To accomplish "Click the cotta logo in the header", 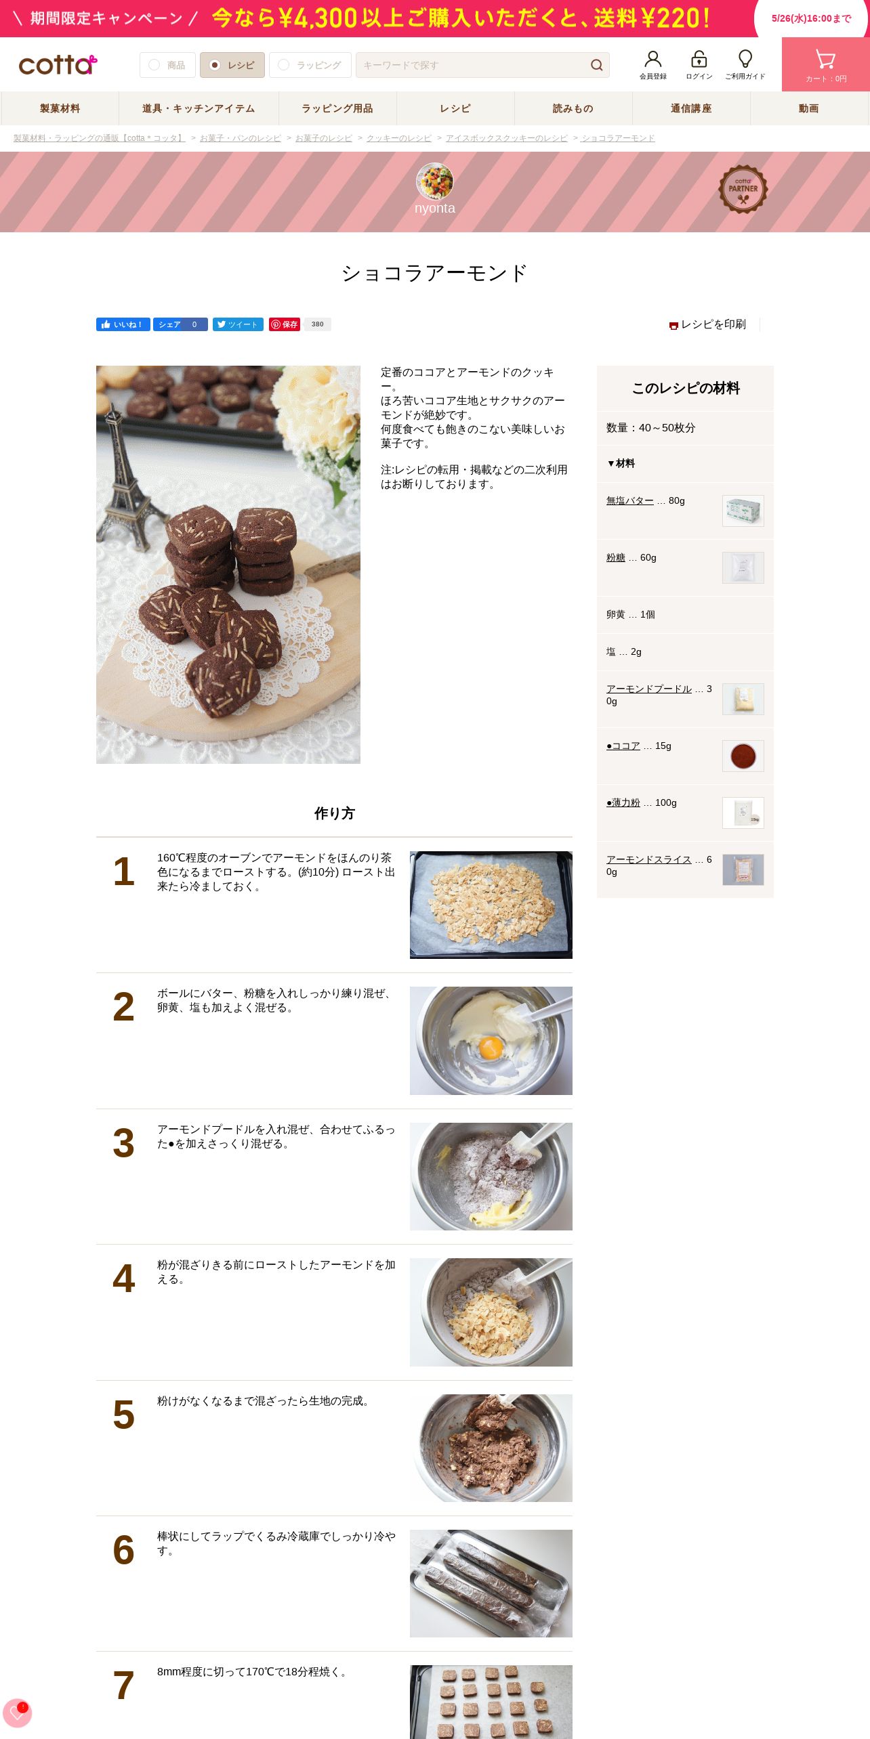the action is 58,65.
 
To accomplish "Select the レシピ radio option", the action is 232,65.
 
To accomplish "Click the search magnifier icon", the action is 596,65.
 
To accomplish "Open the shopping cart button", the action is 826,64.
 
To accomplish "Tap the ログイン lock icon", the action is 699,59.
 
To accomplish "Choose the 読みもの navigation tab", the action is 573,108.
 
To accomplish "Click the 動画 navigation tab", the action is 809,108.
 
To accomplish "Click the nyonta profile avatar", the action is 435,181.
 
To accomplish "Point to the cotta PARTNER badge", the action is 743,190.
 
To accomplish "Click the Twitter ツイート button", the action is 238,324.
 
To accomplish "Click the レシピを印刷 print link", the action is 707,324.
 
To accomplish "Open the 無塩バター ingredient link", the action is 630,501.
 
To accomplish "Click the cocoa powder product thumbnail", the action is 743,756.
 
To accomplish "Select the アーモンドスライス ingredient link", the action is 649,860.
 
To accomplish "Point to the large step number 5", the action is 123,1415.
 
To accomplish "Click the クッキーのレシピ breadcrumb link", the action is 399,138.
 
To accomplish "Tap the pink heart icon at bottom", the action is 17,1713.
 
